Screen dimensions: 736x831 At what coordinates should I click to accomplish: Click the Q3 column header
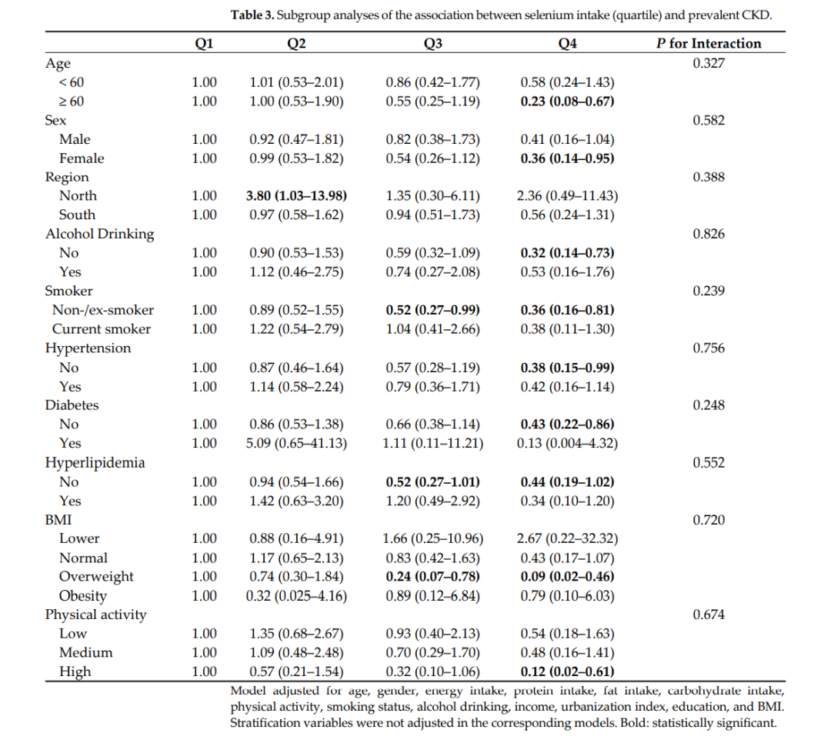[x=433, y=44]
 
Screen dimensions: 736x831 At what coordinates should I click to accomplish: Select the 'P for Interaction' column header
[x=708, y=44]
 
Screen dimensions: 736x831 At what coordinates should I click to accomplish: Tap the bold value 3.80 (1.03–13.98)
[x=296, y=196]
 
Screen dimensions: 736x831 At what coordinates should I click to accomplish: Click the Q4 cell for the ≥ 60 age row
[x=567, y=102]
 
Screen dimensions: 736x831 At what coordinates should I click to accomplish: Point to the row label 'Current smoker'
[x=102, y=329]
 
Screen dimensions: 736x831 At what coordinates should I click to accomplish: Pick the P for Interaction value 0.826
[x=708, y=235]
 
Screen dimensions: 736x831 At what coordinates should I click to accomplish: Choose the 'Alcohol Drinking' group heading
[x=99, y=234]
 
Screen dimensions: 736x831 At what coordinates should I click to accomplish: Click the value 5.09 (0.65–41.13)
[x=296, y=443]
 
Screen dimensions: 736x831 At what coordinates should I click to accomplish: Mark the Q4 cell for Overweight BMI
[x=567, y=576]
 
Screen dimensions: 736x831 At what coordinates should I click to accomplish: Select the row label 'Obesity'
[x=83, y=595]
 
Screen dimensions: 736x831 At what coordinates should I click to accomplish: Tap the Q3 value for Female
[x=433, y=158]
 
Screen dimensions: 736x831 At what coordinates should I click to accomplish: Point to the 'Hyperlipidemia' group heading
[x=95, y=463]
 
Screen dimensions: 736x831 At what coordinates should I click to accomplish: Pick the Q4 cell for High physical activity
[x=567, y=671]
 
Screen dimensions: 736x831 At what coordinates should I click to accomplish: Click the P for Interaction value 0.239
[x=708, y=291]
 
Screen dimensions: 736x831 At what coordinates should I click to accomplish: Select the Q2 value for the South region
[x=296, y=215]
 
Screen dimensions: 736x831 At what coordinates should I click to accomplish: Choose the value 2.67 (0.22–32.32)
[x=567, y=538]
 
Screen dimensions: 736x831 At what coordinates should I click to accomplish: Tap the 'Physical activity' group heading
[x=95, y=614]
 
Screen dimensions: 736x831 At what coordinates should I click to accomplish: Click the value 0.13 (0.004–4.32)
[x=567, y=443]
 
